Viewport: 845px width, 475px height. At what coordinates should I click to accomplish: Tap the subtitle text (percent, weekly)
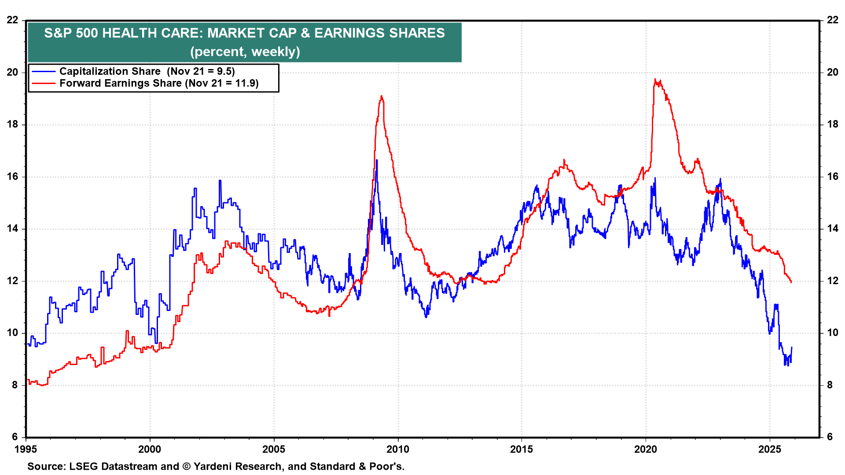(245, 51)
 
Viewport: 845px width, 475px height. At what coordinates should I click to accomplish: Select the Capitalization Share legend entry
(110, 71)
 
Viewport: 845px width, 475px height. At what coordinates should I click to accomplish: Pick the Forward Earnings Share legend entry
(121, 83)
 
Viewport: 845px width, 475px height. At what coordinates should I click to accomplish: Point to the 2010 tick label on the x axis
(397, 449)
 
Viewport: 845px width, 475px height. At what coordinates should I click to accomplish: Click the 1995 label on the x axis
(26, 449)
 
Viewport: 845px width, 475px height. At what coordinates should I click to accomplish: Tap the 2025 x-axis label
(770, 449)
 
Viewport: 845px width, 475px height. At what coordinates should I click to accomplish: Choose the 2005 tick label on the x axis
(274, 449)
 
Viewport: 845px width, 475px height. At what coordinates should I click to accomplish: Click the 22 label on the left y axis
(12, 20)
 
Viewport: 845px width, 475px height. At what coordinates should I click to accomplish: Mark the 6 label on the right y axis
(830, 437)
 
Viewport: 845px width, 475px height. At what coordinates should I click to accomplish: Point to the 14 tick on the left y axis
(12, 228)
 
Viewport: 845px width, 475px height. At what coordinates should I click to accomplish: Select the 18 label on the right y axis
(833, 124)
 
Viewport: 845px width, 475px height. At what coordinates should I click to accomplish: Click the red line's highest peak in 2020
(655, 80)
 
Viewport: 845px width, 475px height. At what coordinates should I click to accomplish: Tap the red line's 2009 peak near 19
(381, 96)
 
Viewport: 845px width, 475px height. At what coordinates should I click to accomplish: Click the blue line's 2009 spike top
(377, 160)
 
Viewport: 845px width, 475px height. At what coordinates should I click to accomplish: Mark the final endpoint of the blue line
(792, 347)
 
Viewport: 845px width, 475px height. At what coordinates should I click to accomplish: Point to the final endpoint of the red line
(791, 282)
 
